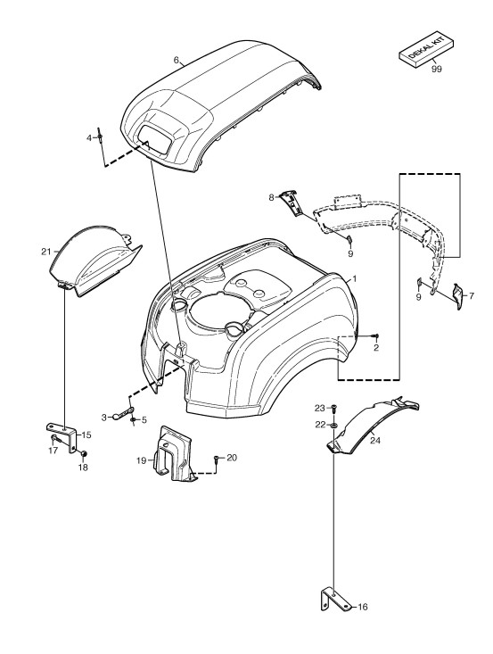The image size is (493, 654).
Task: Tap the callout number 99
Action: (x=436, y=70)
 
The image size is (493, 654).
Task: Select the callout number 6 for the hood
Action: (x=177, y=60)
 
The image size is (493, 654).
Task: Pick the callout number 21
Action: (x=45, y=252)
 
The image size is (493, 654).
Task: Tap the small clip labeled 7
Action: (x=457, y=296)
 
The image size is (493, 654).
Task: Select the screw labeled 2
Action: (x=376, y=335)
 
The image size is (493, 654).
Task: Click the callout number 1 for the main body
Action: (x=354, y=278)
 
